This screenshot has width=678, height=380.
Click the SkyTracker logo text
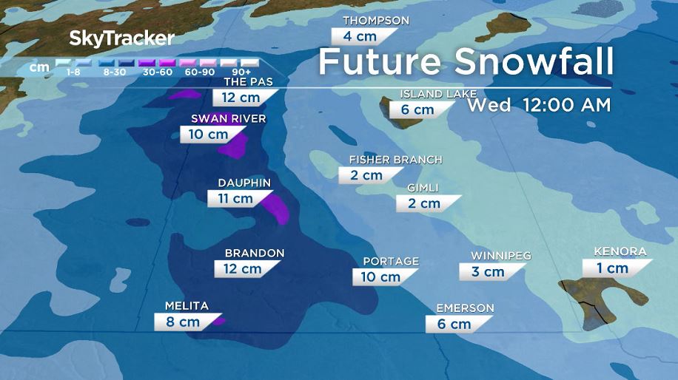pyautogui.click(x=122, y=38)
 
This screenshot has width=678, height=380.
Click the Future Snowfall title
pyautogui.click(x=466, y=61)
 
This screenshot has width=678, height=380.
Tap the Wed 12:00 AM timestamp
pyautogui.click(x=538, y=105)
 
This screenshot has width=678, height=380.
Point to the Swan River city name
pyautogui.click(x=228, y=118)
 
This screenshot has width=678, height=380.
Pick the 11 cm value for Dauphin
pyautogui.click(x=235, y=198)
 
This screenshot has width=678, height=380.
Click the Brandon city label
pyautogui.click(x=255, y=253)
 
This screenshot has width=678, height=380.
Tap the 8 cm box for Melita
pyautogui.click(x=182, y=322)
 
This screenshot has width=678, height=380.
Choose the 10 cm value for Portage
pyautogui.click(x=380, y=276)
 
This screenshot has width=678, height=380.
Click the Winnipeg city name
pyautogui.click(x=501, y=256)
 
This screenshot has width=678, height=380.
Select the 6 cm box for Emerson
pyautogui.click(x=453, y=324)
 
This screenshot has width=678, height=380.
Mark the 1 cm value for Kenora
pyautogui.click(x=612, y=268)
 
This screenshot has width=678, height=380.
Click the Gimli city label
pyautogui.click(x=423, y=188)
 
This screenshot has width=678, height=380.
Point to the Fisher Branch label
pyautogui.click(x=395, y=160)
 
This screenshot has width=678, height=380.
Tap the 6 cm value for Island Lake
pyautogui.click(x=417, y=109)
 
